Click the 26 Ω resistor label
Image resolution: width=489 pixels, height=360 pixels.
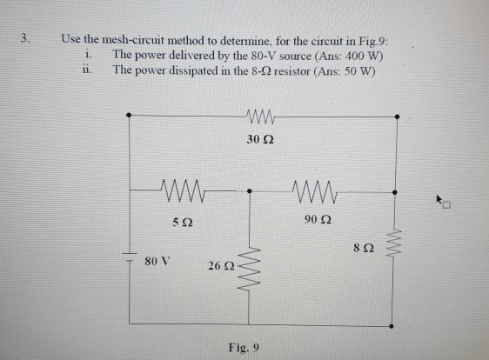point(218,264)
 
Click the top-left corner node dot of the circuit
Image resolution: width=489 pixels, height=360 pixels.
point(130,115)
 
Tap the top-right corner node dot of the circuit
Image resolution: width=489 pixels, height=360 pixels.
point(398,115)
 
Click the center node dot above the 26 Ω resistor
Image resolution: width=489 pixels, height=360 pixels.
point(250,187)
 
